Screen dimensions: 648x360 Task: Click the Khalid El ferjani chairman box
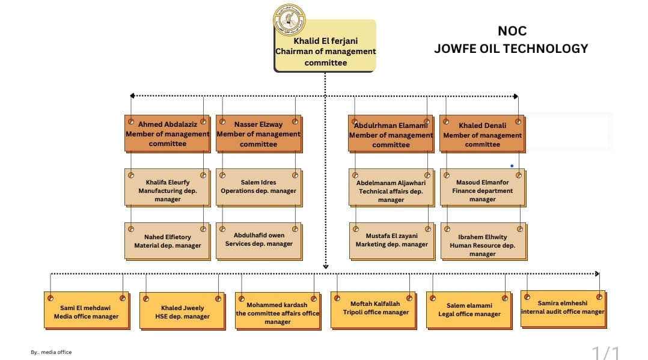click(x=325, y=46)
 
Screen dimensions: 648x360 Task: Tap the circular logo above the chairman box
click(x=289, y=19)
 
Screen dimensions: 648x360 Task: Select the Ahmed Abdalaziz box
click(x=167, y=134)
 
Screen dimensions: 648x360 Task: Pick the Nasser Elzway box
click(x=258, y=134)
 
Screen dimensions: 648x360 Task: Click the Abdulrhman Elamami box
click(x=391, y=134)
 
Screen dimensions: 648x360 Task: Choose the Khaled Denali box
click(x=482, y=134)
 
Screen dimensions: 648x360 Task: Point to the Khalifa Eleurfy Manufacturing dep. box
click(x=167, y=188)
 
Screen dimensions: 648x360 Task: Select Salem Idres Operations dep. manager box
click(x=258, y=188)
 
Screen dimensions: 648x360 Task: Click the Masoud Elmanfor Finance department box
click(x=483, y=188)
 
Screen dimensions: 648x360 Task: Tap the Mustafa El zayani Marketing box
click(x=392, y=242)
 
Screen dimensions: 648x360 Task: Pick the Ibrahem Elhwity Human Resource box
click(x=483, y=242)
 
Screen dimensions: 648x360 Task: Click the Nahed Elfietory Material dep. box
click(x=167, y=242)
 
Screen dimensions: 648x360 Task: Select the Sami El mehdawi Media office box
click(x=87, y=311)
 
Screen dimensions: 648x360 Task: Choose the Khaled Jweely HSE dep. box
click(x=182, y=311)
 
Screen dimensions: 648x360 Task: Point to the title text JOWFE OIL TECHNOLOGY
click(x=511, y=49)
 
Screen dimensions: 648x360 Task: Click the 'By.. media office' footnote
click(x=51, y=352)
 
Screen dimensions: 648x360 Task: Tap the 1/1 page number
click(x=606, y=353)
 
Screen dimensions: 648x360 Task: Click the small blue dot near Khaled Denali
click(x=512, y=166)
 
